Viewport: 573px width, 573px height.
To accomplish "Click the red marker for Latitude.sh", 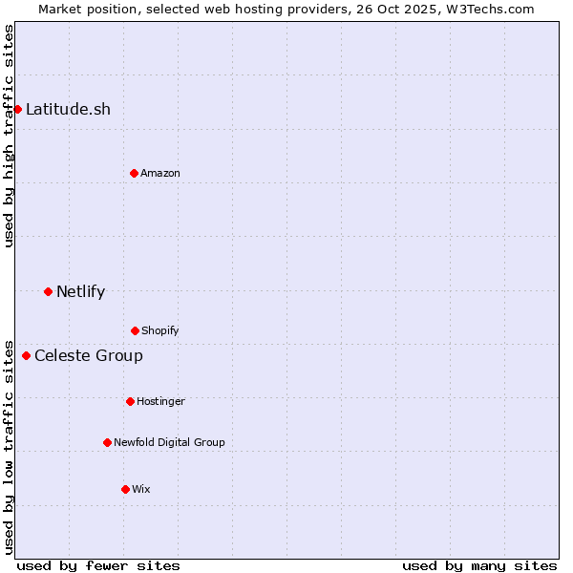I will point(17,109).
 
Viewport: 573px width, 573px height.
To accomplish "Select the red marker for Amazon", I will point(134,173).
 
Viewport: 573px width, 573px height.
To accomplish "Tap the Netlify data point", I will point(48,291).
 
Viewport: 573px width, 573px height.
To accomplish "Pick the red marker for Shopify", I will point(135,330).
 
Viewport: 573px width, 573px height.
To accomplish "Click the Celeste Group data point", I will point(26,356).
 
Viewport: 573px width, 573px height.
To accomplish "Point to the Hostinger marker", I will point(130,401).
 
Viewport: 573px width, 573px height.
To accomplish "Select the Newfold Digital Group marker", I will point(107,442).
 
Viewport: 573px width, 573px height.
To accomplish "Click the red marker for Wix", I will point(125,489).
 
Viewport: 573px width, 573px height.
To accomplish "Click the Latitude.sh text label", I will point(68,109).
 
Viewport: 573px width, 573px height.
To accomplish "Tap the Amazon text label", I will point(160,173).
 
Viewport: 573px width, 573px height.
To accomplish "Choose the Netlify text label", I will point(80,291).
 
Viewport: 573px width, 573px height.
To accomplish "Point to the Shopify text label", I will point(160,330).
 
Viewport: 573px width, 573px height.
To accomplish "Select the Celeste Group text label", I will point(89,356).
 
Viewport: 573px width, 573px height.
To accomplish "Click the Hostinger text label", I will point(160,401).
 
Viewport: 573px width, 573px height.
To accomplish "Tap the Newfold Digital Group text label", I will point(169,442).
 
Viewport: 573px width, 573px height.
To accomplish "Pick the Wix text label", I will point(141,489).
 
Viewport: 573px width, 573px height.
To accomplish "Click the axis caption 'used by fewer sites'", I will point(98,565).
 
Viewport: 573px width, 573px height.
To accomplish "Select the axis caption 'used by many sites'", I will point(479,565).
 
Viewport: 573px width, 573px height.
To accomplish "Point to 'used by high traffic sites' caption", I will point(9,136).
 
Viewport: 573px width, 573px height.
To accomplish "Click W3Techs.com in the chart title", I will point(487,9).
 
